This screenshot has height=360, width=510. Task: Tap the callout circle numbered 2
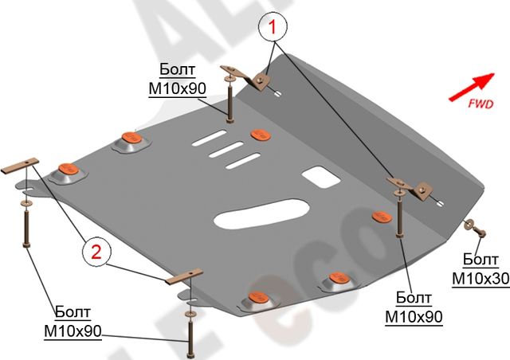(x=96, y=254)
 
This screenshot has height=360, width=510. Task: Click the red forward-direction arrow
(x=469, y=86)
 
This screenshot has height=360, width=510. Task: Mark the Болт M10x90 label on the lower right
(x=414, y=308)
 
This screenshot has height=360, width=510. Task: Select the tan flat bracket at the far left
(x=22, y=166)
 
